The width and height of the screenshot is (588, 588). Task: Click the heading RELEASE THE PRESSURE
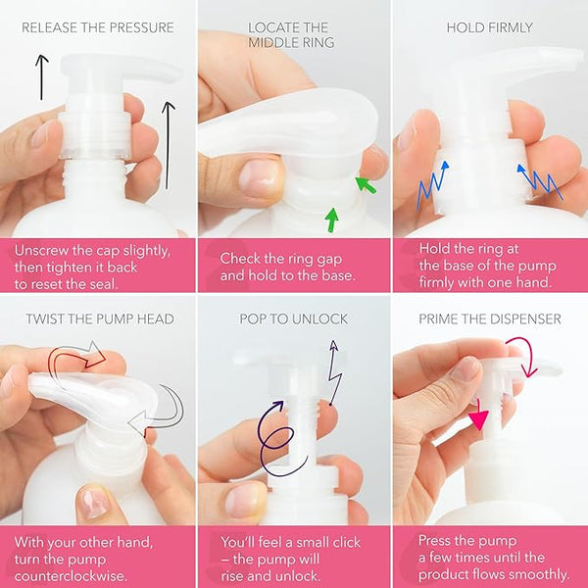pos(97,27)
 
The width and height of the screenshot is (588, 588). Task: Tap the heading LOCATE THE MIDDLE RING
pos(291,35)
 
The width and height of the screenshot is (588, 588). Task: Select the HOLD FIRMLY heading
pos(489,27)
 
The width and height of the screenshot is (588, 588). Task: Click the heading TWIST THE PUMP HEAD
pos(100,319)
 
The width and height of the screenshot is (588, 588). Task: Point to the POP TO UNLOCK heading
pos(294,319)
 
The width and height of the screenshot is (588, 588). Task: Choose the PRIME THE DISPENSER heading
pos(490,319)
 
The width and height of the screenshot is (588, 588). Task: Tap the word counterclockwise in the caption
pos(71,576)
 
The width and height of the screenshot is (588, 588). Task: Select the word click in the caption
pos(343,542)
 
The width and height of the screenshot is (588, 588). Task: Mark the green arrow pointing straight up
pos(331,220)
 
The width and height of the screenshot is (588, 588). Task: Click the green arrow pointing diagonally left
pos(366,185)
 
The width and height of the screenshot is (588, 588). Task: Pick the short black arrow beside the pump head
pos(41,76)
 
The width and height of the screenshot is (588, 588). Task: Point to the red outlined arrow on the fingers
pos(76,356)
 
